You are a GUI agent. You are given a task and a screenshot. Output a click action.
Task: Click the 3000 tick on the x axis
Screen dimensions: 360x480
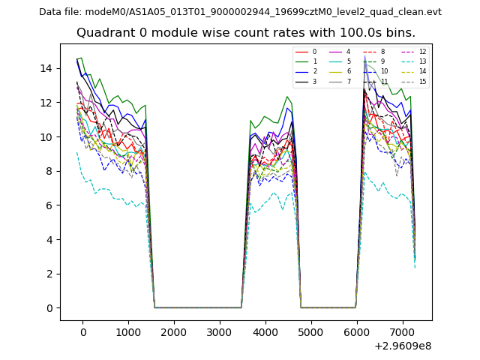[x=220, y=332]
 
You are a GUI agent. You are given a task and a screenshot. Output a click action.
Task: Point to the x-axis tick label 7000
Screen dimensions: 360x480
[x=401, y=332]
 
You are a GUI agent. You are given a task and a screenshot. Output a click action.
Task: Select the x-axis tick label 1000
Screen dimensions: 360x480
[x=128, y=332]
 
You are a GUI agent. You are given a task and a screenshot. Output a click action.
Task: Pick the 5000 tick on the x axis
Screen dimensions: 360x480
[x=310, y=332]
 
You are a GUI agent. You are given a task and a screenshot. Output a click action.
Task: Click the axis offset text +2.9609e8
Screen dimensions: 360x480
[x=402, y=346]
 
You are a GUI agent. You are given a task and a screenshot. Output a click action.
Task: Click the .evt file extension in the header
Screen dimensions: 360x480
[x=432, y=12]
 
